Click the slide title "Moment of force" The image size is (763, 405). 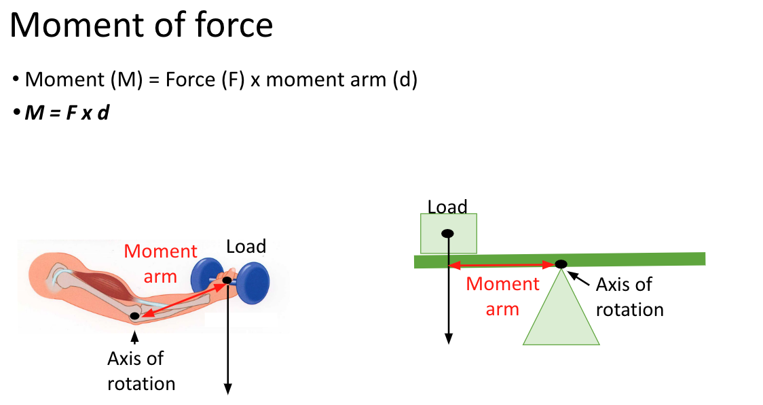tap(141, 25)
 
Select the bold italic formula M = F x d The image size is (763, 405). tap(67, 113)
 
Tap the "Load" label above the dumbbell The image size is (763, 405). tap(246, 246)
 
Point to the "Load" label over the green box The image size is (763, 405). tap(447, 207)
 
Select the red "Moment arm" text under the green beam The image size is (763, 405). tap(503, 296)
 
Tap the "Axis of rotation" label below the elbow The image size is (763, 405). tap(141, 370)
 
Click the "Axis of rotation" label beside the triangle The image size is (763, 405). tap(629, 297)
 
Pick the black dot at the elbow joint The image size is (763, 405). tap(135, 316)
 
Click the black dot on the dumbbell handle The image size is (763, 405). tap(227, 280)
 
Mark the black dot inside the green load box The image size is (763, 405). tap(448, 234)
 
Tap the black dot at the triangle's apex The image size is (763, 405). tap(561, 264)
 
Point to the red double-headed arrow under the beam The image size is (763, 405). tap(502, 265)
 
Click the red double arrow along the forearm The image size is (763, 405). tap(181, 298)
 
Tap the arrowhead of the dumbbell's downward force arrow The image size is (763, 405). tap(228, 389)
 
